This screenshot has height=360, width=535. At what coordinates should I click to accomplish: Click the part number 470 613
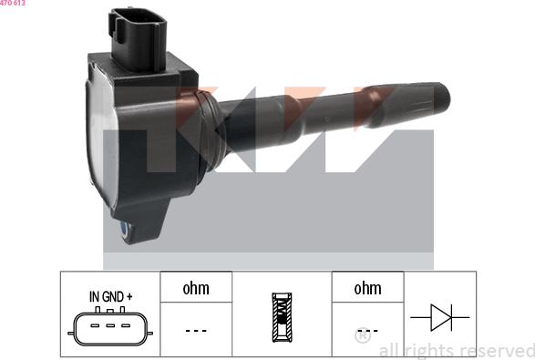point(13,4)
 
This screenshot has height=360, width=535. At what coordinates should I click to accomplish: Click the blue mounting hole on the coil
point(125,233)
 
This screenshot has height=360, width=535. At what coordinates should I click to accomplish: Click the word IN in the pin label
point(95,296)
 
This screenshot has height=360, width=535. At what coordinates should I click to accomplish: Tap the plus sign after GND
point(130,296)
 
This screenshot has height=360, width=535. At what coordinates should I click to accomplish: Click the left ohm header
point(196,289)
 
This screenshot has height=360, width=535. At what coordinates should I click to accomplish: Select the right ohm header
point(367,289)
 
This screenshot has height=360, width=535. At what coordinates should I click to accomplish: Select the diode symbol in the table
point(439,317)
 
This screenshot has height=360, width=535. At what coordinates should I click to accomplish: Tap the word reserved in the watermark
point(492,351)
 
